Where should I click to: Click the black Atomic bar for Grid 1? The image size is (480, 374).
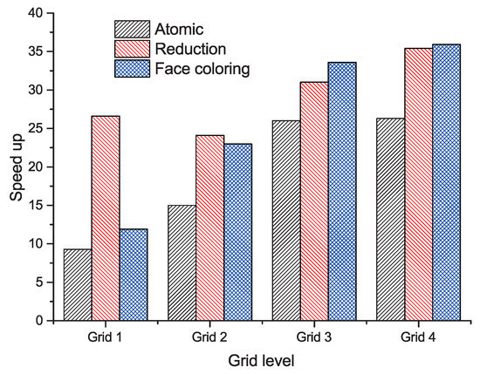coord(78,285)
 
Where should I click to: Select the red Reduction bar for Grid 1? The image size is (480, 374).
coord(106,218)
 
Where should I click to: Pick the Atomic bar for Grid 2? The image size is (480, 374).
coord(182,262)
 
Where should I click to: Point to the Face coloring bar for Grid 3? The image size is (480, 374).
coord(341,191)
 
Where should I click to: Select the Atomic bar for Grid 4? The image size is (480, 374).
coord(390,219)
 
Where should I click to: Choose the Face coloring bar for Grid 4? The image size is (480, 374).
coord(446,182)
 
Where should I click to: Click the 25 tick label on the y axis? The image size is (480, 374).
coord(37,128)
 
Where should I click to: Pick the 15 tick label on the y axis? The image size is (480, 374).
coord(37,205)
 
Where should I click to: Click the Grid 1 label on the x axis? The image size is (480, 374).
coord(106,336)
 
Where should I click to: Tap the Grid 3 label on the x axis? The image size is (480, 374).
coord(313,336)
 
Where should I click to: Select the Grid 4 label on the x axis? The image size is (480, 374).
coord(418,336)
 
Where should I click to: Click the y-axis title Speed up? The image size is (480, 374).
coord(16,167)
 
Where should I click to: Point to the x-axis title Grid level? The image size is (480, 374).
coord(262,359)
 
